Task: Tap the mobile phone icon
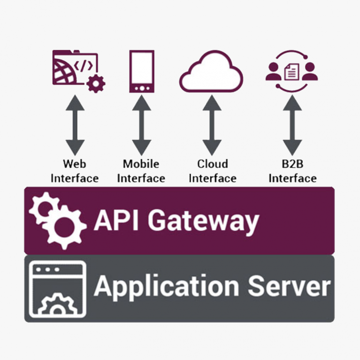[142, 71]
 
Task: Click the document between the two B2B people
[292, 72]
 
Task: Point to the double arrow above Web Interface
[75, 125]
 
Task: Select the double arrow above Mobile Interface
[142, 125]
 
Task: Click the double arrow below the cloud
[212, 125]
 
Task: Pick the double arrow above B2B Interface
[292, 125]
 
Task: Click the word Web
[74, 164]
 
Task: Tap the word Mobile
[141, 164]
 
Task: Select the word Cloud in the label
[212, 164]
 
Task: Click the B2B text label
[292, 164]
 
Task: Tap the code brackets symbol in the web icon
[83, 66]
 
